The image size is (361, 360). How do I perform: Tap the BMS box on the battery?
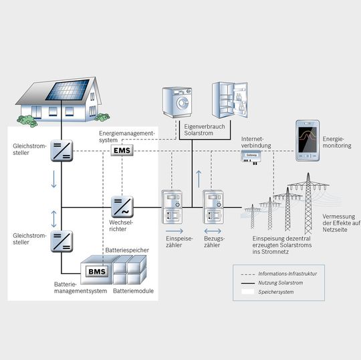pyautogui.click(x=93, y=271)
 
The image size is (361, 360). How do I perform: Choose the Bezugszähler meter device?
pyautogui.click(x=213, y=207)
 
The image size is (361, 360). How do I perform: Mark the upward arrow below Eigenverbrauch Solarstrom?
pyautogui.click(x=197, y=178)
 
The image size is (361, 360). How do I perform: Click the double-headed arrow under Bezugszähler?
pyautogui.click(x=213, y=256)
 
